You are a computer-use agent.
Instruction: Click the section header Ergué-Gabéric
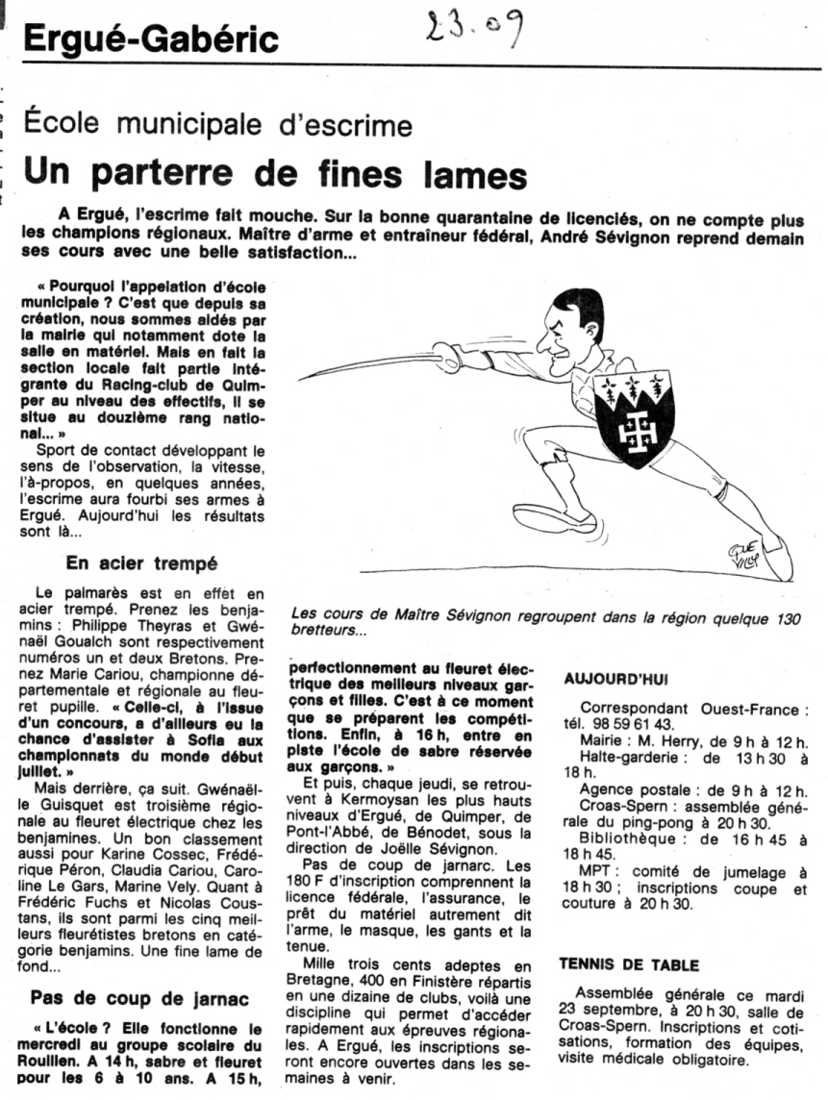pos(151,39)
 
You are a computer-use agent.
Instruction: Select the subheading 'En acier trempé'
pos(142,562)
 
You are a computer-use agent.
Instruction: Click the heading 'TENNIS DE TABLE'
pos(629,964)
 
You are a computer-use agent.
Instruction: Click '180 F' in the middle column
pos(310,882)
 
